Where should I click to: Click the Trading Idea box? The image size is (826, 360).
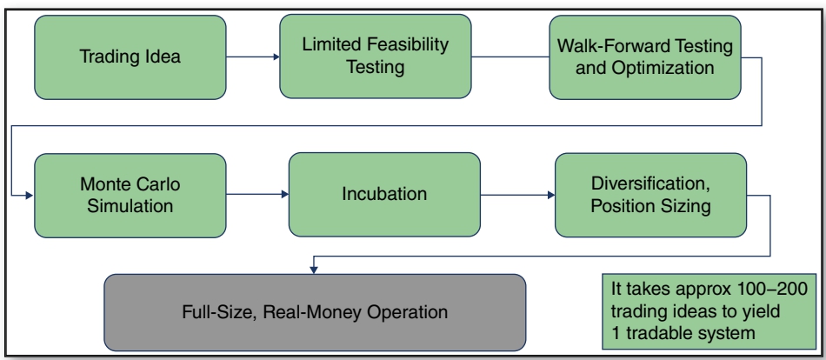pyautogui.click(x=130, y=57)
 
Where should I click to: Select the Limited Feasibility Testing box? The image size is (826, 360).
pyautogui.click(x=375, y=57)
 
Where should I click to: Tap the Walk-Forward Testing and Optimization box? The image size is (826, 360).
pyautogui.click(x=645, y=57)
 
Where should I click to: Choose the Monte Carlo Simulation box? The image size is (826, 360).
pyautogui.click(x=130, y=196)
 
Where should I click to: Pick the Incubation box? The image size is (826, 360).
pyautogui.click(x=384, y=195)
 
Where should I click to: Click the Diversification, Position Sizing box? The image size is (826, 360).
pyautogui.click(x=650, y=195)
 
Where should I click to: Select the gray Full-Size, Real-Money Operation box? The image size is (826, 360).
pyautogui.click(x=315, y=312)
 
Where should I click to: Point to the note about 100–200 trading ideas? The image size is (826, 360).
pyautogui.click(x=709, y=311)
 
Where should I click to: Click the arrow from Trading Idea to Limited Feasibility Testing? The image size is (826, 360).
pyautogui.click(x=253, y=57)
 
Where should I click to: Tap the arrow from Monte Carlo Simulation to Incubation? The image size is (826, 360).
pyautogui.click(x=257, y=195)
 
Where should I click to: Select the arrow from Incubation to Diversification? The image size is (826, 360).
pyautogui.click(x=518, y=195)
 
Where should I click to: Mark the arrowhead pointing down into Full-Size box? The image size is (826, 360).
pyautogui.click(x=314, y=270)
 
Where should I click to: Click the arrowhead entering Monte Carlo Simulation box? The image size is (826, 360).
pyautogui.click(x=30, y=196)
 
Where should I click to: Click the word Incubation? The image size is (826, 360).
pyautogui.click(x=384, y=194)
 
